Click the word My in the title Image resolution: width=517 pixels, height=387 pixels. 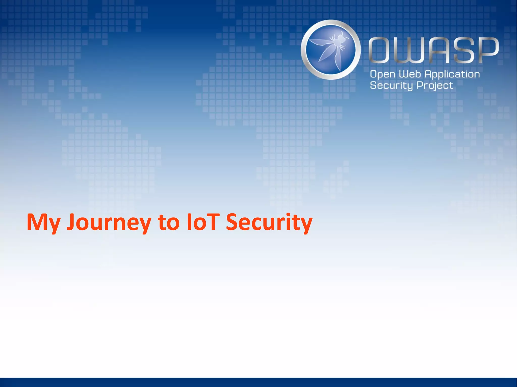pyautogui.click(x=43, y=222)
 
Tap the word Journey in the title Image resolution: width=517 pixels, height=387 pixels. pyautogui.click(x=109, y=222)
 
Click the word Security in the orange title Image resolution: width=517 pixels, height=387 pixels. pyautogui.click(x=269, y=222)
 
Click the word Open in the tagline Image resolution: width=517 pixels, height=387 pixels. pyautogui.click(x=383, y=75)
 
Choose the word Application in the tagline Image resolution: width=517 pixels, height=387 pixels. pyautogui.click(x=452, y=75)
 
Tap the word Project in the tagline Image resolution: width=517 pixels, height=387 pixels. pyautogui.click(x=435, y=86)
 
